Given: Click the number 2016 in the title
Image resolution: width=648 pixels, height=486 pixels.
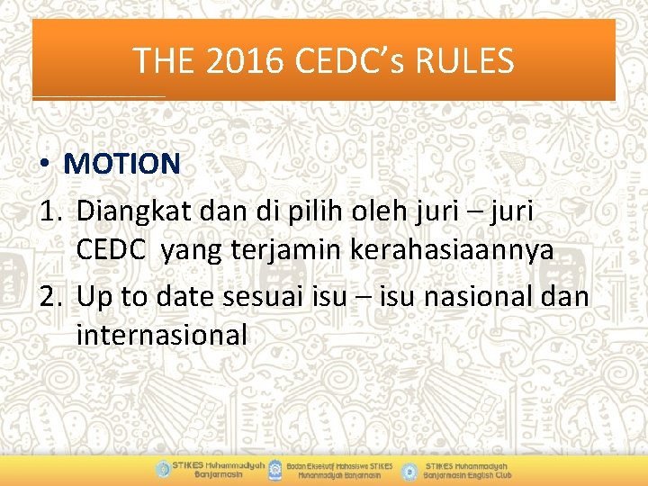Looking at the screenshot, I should pos(241,61).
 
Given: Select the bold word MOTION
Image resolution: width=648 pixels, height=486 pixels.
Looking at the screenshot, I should pos(122,164).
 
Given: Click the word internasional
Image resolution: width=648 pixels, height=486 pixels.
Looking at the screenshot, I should pos(162,335).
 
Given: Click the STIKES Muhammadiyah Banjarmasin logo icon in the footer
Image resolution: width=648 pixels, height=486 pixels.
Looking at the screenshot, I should pos(162,469).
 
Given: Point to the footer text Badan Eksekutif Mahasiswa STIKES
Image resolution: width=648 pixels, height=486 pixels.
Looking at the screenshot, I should pos(340,464).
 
